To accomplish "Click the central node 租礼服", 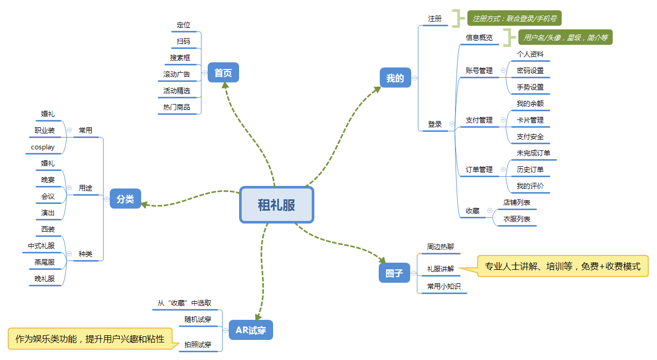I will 277,204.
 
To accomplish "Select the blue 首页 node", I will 223,73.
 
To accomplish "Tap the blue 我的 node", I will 395,78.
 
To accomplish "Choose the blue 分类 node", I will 125,199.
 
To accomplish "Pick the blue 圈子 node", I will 394,273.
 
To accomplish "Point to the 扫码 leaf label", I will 183,41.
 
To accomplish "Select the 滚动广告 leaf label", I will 177,74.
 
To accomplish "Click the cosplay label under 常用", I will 43,147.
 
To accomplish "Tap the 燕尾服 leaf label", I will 44,262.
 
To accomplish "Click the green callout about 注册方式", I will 514,19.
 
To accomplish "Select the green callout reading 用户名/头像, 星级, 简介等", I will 565,37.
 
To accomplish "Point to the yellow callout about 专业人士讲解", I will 562,266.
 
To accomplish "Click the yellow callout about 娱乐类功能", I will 90,339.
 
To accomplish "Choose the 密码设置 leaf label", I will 530,71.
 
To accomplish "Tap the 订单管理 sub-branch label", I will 479,169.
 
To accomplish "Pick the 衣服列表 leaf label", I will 517,219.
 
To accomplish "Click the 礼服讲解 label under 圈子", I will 441,269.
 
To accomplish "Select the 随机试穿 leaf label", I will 198,319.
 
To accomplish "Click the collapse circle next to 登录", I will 452,124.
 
